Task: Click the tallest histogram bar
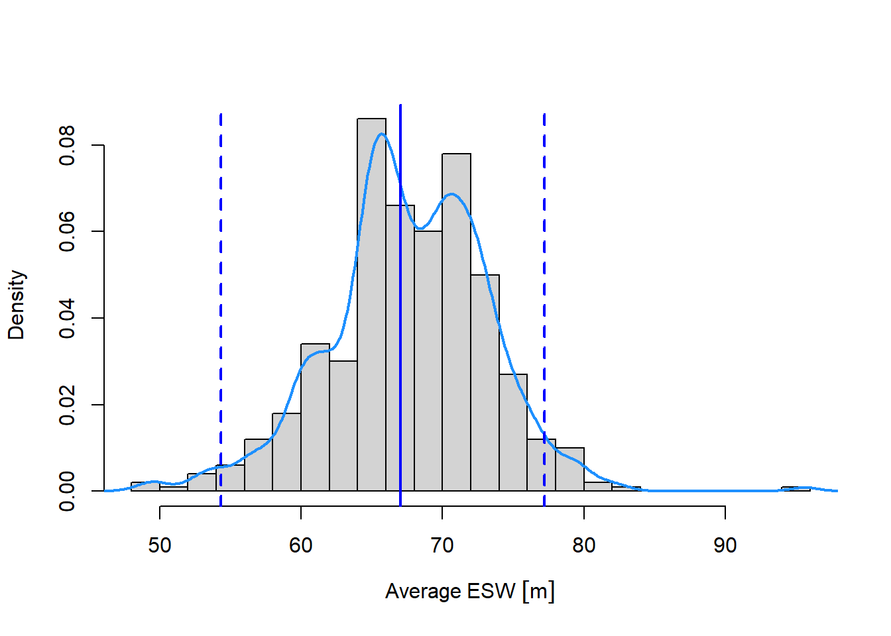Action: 371,305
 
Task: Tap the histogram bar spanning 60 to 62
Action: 315,417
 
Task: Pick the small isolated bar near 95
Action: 796,489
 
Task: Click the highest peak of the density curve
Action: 381,134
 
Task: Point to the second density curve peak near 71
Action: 452,194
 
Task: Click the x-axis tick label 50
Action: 160,545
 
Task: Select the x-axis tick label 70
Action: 442,545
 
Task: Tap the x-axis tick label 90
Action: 725,545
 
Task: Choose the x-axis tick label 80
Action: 584,545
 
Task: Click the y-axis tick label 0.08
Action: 68,145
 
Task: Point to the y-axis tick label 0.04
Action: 68,318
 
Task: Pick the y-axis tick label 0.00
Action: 68,491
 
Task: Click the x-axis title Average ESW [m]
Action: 469,591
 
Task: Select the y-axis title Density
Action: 17,305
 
